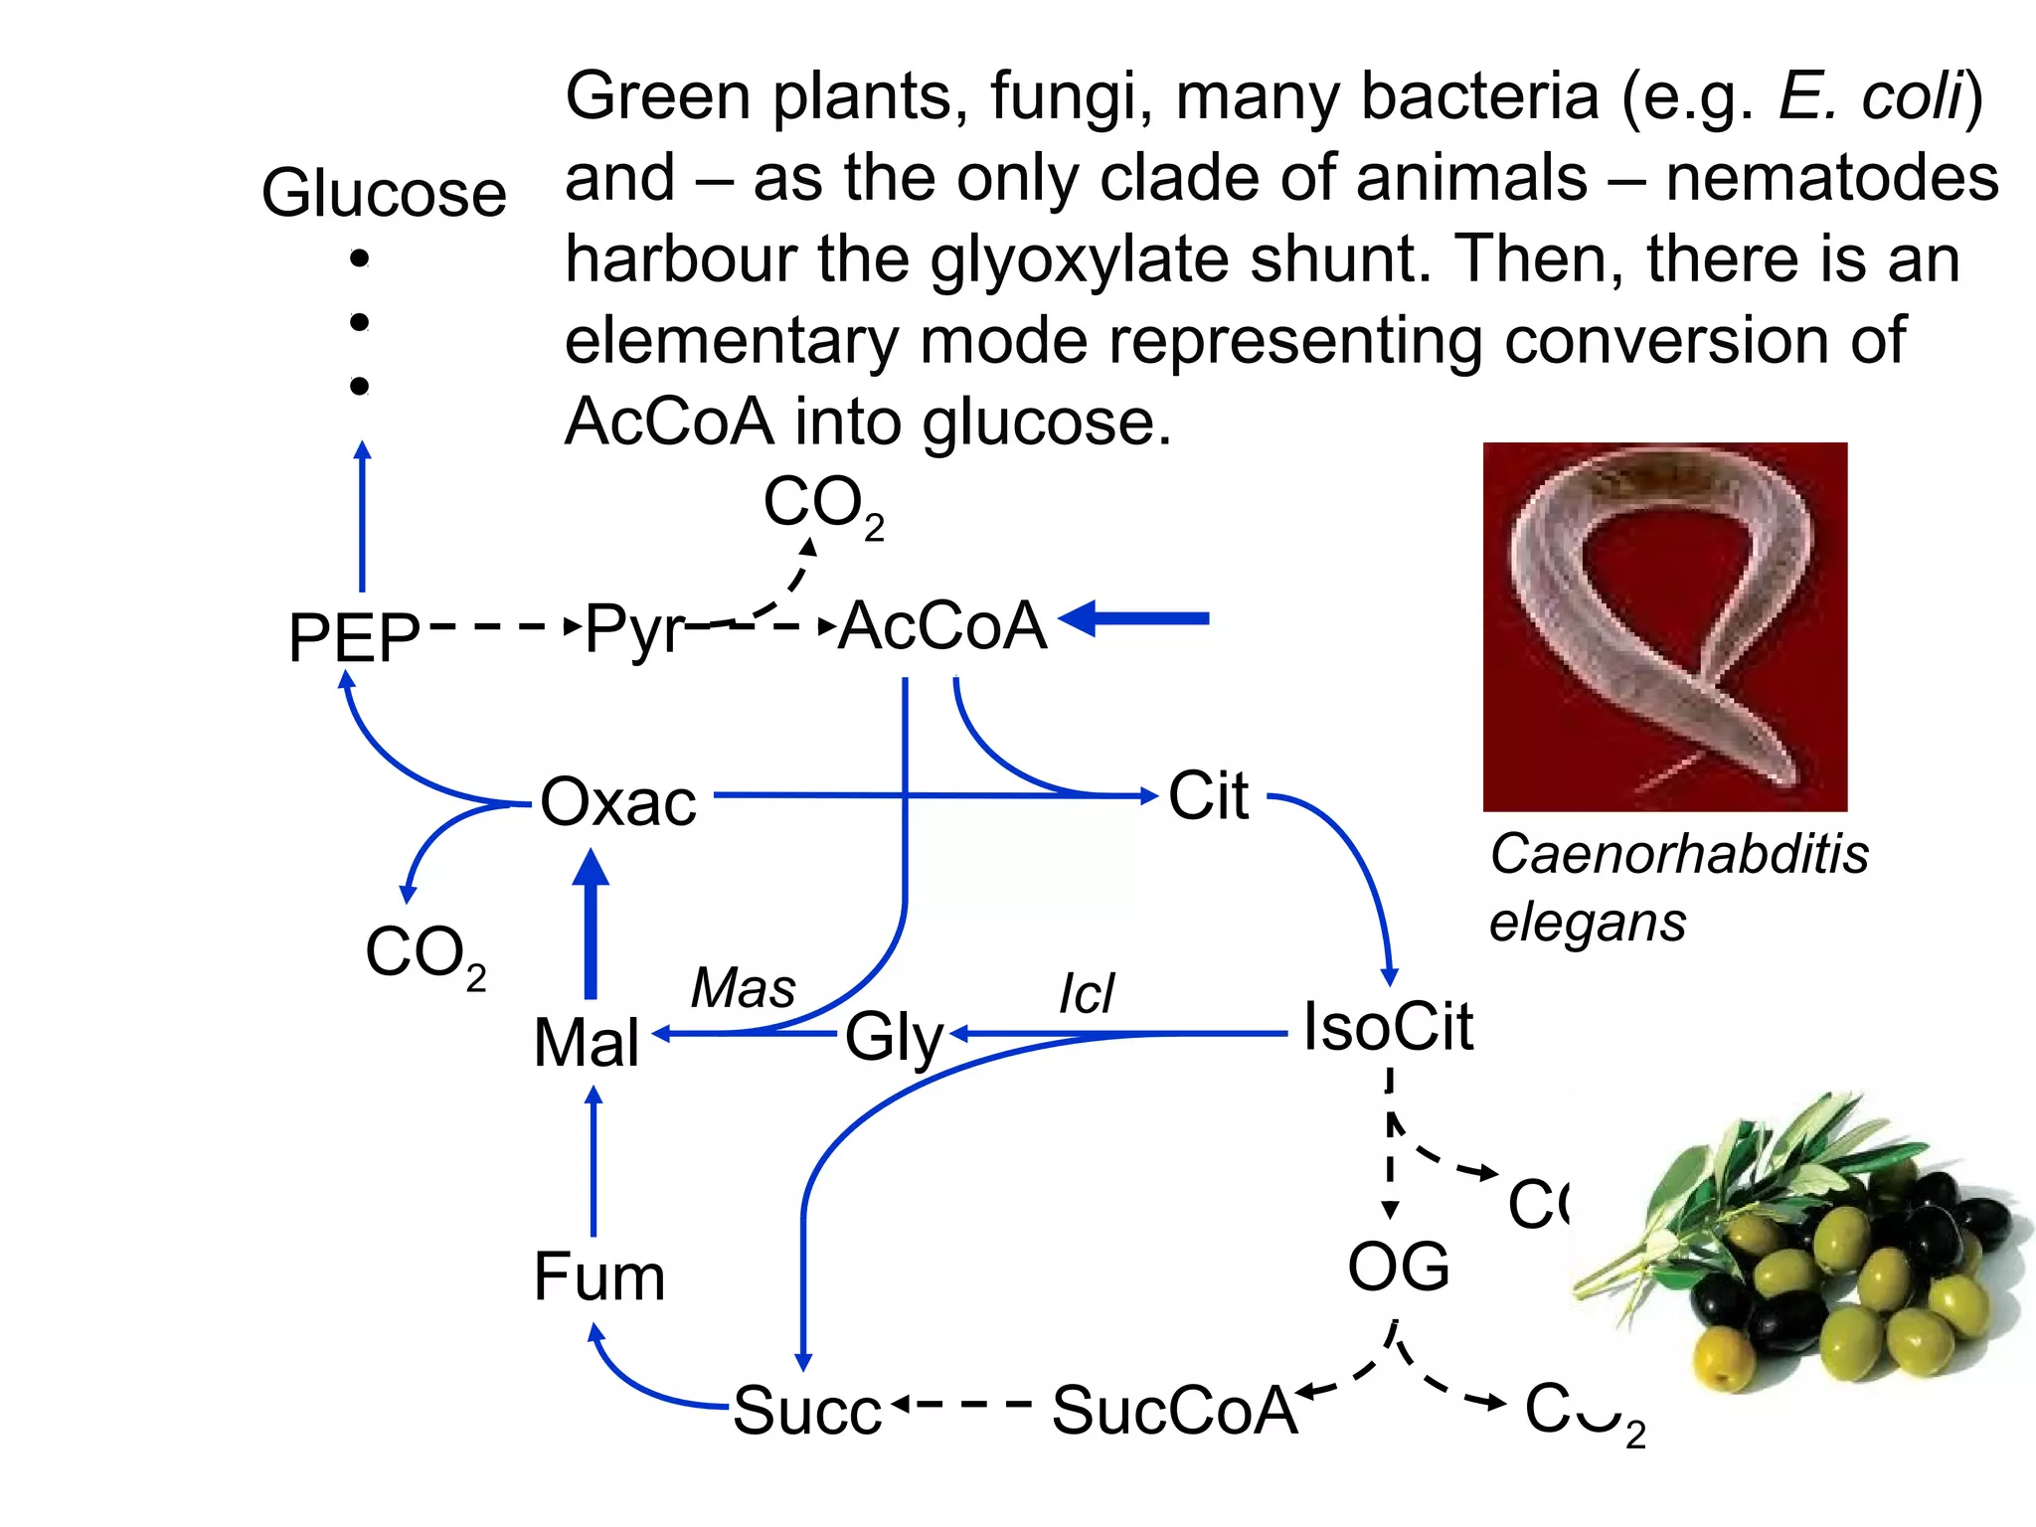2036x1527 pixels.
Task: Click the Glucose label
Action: coord(384,193)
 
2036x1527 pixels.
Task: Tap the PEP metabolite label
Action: coord(353,637)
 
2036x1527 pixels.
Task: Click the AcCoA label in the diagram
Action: coord(942,626)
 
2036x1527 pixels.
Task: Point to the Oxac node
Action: coord(617,801)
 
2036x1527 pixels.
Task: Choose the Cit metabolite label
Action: coord(1208,795)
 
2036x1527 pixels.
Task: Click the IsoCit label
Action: coord(1388,1026)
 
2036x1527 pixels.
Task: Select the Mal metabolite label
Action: coord(587,1043)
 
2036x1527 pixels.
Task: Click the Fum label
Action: coord(598,1276)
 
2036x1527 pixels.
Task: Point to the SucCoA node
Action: coord(1174,1410)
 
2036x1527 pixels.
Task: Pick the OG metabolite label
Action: coord(1398,1267)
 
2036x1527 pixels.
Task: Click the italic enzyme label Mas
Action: coord(744,988)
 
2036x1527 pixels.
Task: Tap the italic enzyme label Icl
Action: coord(1087,994)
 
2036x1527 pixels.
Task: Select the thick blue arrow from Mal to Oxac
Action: coord(592,925)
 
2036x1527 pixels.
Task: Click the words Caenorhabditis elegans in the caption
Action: coord(1678,887)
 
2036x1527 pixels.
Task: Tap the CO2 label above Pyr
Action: coord(823,505)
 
